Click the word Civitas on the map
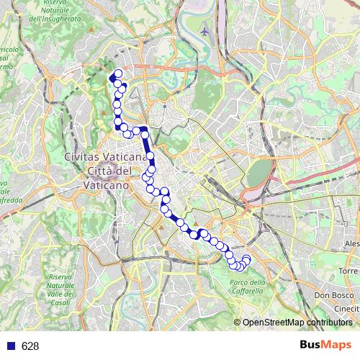pyautogui.click(x=81, y=157)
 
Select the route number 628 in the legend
pyautogui.click(x=30, y=346)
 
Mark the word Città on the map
pyautogui.click(x=100, y=171)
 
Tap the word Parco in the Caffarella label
pyautogui.click(x=238, y=281)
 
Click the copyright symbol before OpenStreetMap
pyautogui.click(x=238, y=322)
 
